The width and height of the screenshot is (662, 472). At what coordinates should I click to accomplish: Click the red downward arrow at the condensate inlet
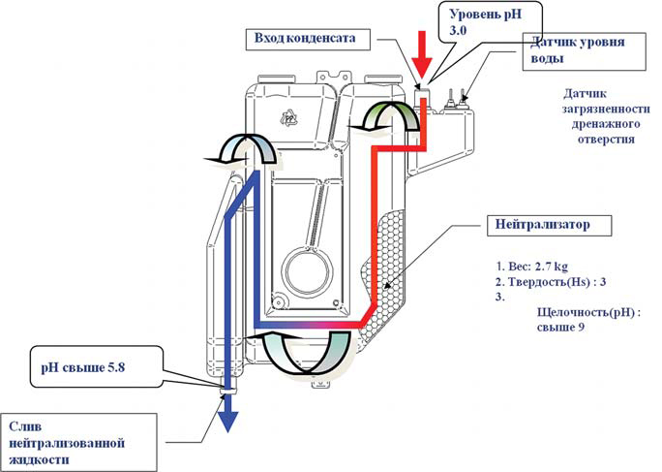click(420, 49)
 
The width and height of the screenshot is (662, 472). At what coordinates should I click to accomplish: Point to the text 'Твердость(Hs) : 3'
click(546, 281)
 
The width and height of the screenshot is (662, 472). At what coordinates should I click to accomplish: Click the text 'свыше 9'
click(559, 328)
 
